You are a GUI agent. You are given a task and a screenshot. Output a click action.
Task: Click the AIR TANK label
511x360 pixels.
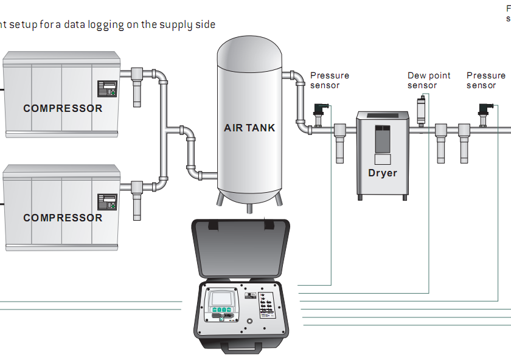249,128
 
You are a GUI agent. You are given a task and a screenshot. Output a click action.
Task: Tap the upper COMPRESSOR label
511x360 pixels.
63,108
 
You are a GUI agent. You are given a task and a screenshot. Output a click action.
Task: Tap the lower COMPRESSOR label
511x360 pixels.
63,218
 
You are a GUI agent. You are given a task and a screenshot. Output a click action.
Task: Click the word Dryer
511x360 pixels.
382,173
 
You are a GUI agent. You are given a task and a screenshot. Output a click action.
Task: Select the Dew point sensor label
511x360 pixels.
429,80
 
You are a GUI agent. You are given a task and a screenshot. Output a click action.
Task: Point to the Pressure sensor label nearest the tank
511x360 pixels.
330,80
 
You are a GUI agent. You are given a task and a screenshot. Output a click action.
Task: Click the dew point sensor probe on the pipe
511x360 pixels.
420,112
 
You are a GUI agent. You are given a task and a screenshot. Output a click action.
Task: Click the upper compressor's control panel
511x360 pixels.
107,89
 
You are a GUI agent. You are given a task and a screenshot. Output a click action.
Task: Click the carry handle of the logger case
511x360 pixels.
242,348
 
